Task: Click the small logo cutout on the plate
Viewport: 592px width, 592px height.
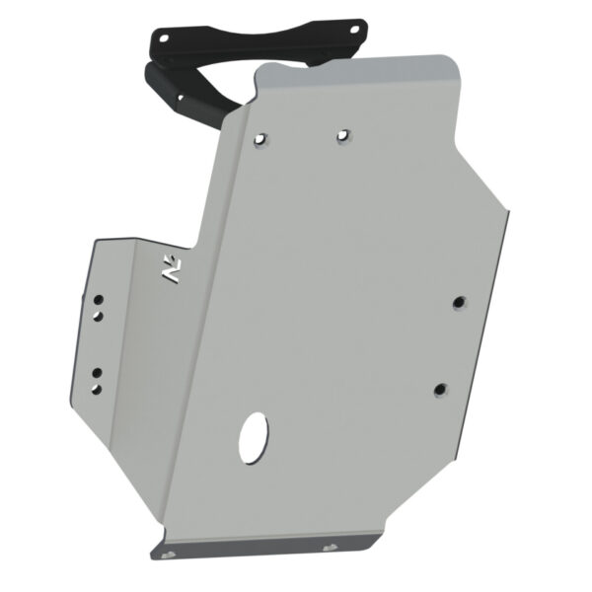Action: pyautogui.click(x=172, y=271)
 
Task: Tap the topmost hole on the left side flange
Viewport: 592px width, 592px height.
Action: pyautogui.click(x=99, y=297)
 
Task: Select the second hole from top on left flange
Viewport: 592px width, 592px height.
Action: pyautogui.click(x=99, y=315)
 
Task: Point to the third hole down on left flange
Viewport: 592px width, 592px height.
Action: pyautogui.click(x=98, y=372)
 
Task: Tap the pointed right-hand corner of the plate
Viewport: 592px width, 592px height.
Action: pyautogui.click(x=509, y=211)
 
